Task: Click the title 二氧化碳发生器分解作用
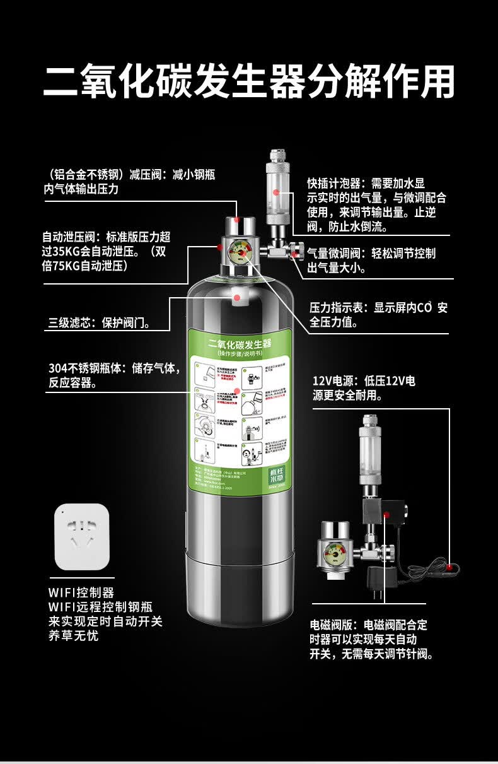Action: [249, 81]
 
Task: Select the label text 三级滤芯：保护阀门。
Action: [100, 323]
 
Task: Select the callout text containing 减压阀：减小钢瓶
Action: [129, 181]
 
